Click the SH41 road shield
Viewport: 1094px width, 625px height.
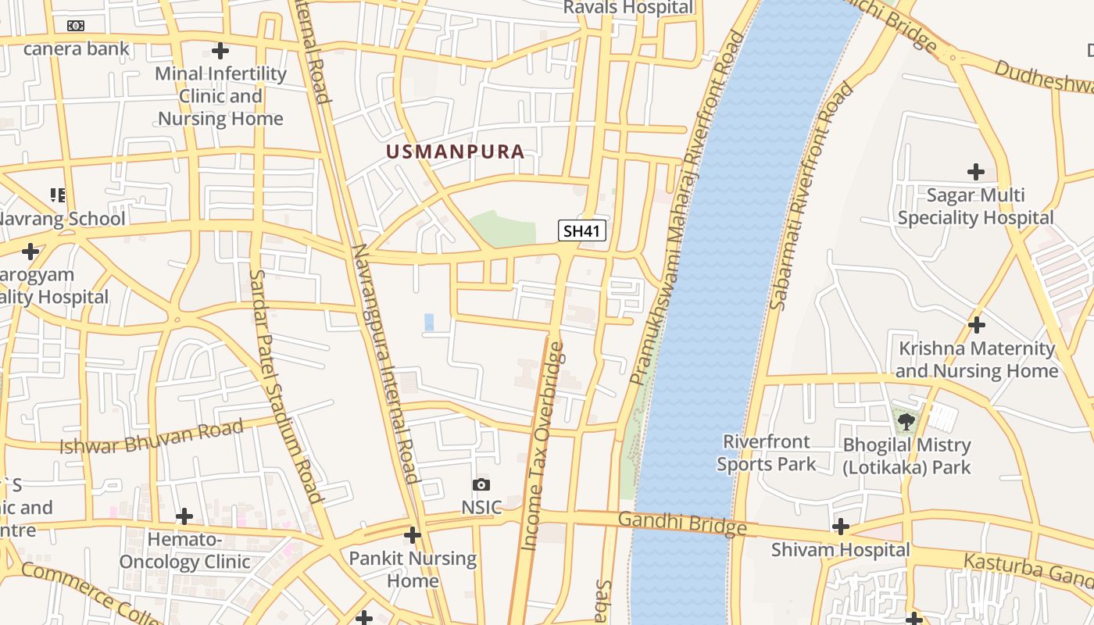point(582,230)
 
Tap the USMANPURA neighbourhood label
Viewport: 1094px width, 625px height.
point(455,152)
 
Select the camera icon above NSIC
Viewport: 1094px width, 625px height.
point(481,485)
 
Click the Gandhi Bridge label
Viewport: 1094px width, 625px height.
point(681,523)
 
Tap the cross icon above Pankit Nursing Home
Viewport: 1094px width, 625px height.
point(413,535)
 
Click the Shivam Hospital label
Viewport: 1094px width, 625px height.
point(840,550)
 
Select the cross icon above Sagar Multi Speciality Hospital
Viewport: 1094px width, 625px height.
point(975,171)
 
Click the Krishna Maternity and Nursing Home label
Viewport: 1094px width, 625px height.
point(976,359)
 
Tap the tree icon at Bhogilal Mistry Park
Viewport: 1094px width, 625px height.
point(906,422)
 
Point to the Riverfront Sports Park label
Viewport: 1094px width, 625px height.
point(766,453)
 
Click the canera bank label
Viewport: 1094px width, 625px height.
point(77,48)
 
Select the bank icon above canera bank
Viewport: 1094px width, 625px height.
point(76,25)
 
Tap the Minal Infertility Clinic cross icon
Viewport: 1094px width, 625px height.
point(220,51)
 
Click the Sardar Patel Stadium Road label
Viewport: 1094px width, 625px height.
point(285,386)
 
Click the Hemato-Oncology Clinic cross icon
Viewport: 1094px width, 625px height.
point(184,516)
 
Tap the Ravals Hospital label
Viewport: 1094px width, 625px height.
point(628,8)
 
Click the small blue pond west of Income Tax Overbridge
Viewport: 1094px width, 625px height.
point(428,321)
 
